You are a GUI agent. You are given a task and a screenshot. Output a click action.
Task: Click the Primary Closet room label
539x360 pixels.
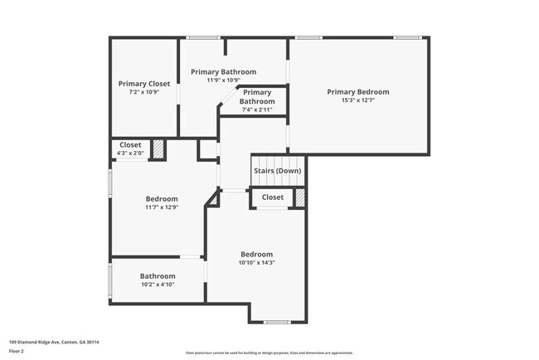click(144, 83)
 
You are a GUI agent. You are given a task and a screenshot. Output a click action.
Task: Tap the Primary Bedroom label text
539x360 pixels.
click(357, 92)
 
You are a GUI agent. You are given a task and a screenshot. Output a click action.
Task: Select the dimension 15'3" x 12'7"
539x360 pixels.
click(357, 101)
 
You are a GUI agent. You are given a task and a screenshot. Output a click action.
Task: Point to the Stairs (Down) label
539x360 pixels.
click(277, 171)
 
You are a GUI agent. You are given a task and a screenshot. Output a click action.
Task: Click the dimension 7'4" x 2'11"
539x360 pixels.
click(257, 109)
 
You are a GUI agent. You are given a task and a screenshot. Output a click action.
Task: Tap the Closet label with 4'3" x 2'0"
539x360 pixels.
click(130, 144)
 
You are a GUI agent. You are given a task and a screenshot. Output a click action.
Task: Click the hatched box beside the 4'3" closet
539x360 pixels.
click(158, 149)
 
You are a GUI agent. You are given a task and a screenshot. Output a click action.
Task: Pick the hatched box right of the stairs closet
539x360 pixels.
click(300, 198)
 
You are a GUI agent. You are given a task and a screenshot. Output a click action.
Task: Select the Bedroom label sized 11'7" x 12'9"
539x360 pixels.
click(162, 199)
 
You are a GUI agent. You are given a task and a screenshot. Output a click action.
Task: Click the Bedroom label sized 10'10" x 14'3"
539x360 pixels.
click(256, 254)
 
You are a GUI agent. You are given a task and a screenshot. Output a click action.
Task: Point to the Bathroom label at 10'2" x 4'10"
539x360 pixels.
click(158, 276)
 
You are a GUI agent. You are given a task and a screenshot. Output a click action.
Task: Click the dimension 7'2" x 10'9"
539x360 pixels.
click(144, 92)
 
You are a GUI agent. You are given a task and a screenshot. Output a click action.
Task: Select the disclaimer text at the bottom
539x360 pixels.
click(269, 353)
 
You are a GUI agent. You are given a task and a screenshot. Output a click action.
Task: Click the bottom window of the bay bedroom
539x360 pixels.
click(276, 322)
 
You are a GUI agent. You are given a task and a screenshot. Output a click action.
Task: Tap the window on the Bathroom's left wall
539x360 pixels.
click(110, 283)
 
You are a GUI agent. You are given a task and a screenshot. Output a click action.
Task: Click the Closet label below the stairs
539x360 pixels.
click(273, 197)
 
